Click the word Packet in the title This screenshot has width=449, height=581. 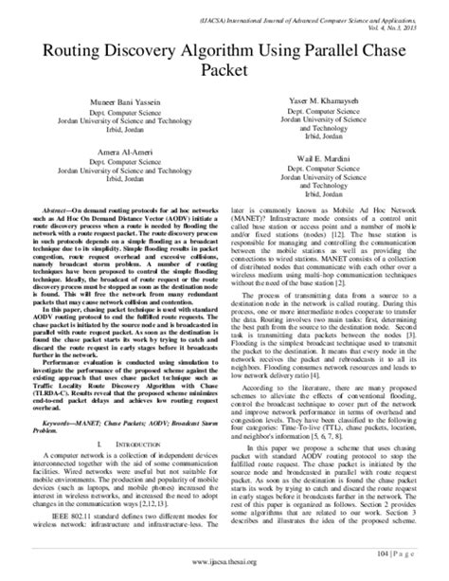(x=225, y=69)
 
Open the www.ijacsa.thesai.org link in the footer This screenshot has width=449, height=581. (x=224, y=570)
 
